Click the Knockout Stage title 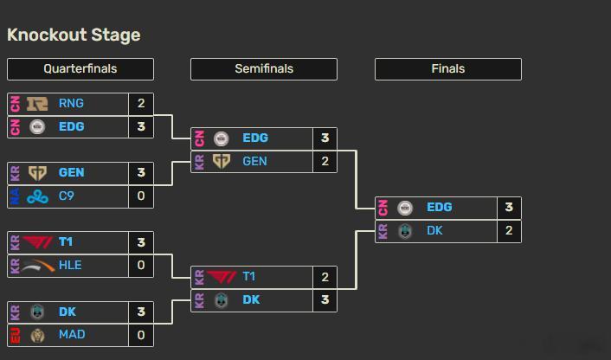(74, 35)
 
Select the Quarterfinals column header (80, 69)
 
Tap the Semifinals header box (264, 69)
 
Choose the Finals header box (448, 69)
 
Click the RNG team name (71, 103)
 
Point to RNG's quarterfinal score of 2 (141, 103)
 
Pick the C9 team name (67, 196)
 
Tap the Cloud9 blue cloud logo (37, 196)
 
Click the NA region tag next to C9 (16, 196)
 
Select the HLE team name (70, 265)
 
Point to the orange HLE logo (38, 266)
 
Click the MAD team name (72, 334)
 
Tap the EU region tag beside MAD (16, 335)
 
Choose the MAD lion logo (37, 335)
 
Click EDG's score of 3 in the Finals (509, 208)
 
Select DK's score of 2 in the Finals (509, 230)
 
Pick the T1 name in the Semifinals (249, 277)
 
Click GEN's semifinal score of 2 (325, 161)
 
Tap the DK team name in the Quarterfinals (68, 312)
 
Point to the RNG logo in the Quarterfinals (37, 104)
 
